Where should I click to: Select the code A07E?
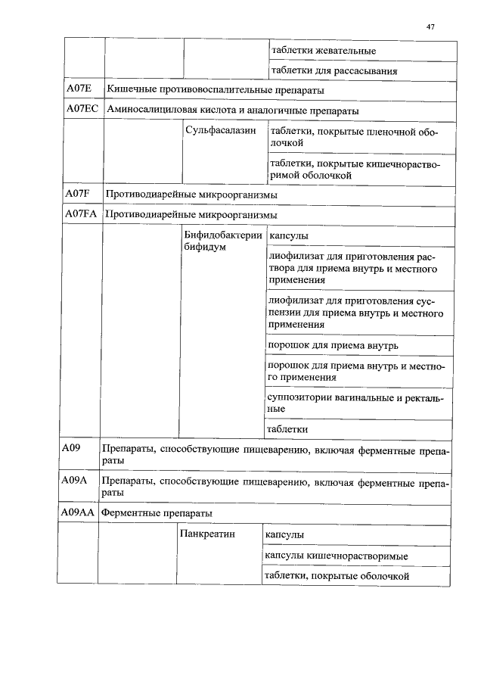(79, 89)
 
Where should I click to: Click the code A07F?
(78, 195)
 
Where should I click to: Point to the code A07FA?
(81, 215)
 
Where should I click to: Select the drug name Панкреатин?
(208, 534)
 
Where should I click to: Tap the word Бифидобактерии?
(223, 235)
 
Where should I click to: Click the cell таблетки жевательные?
(323, 51)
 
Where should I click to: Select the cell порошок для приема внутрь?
(333, 345)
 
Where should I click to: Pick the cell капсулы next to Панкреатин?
(284, 534)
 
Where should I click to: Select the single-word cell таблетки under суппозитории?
(288, 429)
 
